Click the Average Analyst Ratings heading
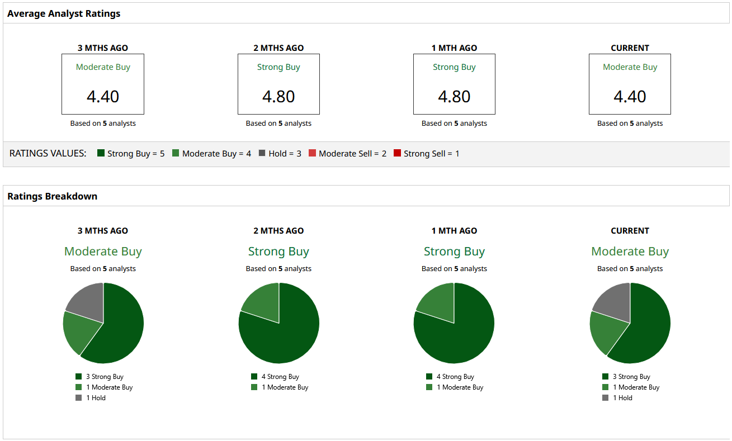64,13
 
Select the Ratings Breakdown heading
52,196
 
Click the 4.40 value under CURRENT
630,97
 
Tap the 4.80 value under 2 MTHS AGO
278,97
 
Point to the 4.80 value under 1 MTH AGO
454,97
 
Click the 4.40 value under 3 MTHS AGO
103,97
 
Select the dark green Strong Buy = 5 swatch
101,153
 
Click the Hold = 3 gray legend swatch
262,153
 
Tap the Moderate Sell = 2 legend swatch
313,153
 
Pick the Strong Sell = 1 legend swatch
398,153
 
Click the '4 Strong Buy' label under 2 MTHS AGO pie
280,377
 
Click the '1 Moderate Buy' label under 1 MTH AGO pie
460,387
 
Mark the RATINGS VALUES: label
48,153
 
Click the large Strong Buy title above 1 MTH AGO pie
454,252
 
